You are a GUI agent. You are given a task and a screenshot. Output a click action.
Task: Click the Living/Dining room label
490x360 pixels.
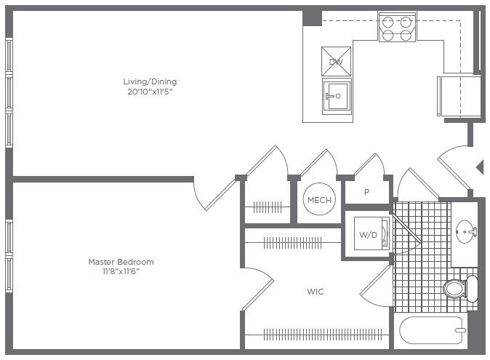pos(150,81)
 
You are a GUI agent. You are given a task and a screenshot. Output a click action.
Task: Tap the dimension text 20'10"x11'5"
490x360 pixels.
pos(150,92)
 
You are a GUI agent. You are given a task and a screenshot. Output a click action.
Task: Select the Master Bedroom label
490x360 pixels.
pos(121,262)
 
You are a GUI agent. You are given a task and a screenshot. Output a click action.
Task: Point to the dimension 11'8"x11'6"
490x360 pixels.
pos(121,271)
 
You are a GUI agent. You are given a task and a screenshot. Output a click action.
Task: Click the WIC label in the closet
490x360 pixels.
pos(315,292)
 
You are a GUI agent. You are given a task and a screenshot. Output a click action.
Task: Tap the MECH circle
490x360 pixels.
pos(319,200)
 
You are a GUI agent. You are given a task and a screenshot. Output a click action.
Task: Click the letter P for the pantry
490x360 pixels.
pos(366,193)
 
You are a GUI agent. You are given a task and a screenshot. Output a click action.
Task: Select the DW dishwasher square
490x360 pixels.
pos(336,62)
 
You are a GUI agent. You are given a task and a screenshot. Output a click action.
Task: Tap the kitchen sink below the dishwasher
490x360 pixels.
pos(337,95)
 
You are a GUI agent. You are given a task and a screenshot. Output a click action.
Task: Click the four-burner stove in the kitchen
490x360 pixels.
pos(397,27)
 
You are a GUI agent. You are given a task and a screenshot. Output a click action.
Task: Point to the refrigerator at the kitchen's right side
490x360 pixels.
pos(459,95)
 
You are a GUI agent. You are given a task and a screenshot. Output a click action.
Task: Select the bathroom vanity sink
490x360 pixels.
pos(465,233)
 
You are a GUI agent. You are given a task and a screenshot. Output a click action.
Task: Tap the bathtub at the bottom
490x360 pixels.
pos(431,332)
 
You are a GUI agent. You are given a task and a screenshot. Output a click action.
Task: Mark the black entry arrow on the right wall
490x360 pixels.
pos(480,167)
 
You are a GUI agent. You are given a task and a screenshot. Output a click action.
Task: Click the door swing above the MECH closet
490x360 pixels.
pos(320,164)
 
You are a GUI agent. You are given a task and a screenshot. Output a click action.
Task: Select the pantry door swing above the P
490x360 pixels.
pos(369,166)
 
